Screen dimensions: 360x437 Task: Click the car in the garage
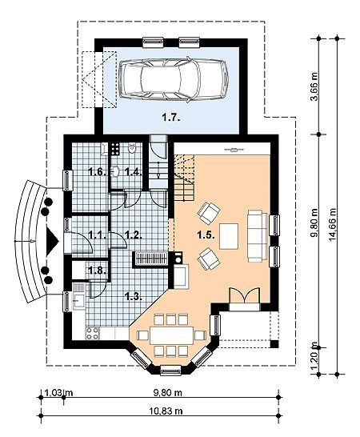[174, 79]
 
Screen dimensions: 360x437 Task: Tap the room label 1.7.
[171, 118]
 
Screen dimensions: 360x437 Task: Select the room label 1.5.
[206, 235]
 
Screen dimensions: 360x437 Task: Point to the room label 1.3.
[134, 296]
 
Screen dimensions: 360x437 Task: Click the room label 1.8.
[98, 270]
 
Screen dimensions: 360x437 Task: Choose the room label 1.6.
[98, 171]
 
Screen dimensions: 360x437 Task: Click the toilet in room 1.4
[132, 148]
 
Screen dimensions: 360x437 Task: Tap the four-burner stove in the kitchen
[93, 333]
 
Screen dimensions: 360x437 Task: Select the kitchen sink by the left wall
[79, 301]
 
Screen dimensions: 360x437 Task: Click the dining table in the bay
[171, 335]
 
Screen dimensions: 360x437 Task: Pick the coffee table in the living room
[229, 236]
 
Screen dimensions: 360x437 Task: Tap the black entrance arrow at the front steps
[52, 241]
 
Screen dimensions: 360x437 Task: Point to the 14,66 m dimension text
[333, 225]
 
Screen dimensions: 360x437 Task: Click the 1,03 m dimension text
[58, 393]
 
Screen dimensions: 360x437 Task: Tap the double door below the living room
[244, 295]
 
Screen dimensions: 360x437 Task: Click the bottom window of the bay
[171, 371]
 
